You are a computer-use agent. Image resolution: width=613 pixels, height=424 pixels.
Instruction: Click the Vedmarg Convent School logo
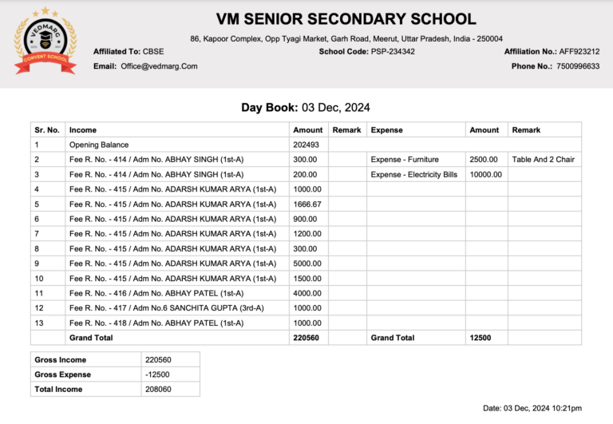[x=45, y=41]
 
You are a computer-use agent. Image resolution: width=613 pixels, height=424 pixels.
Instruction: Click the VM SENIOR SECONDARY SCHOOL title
[x=346, y=19]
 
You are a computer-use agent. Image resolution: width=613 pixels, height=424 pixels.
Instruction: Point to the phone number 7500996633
[x=578, y=66]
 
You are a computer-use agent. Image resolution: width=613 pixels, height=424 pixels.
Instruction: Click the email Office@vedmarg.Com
[x=159, y=66]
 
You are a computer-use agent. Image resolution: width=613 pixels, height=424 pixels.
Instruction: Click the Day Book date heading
[x=306, y=107]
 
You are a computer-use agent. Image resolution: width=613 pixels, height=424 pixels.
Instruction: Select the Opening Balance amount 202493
[x=306, y=145]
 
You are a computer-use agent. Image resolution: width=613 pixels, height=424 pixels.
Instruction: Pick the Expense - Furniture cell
[x=405, y=160]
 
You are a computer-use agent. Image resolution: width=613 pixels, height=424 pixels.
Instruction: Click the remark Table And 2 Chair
[x=543, y=160]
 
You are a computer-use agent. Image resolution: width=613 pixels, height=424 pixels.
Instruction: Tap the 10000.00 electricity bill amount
[x=485, y=174]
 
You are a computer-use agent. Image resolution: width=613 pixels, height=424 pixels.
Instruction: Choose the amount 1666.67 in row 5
[x=307, y=204]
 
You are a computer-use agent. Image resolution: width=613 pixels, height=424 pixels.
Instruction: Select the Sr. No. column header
[x=47, y=129]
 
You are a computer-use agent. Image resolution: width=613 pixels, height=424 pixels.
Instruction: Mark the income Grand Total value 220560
[x=306, y=338]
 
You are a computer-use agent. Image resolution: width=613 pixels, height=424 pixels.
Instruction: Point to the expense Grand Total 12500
[x=480, y=338]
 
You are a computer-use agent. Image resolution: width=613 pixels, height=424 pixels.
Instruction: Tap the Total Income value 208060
[x=158, y=390]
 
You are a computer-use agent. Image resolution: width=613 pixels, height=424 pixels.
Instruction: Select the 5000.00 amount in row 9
[x=307, y=264]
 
